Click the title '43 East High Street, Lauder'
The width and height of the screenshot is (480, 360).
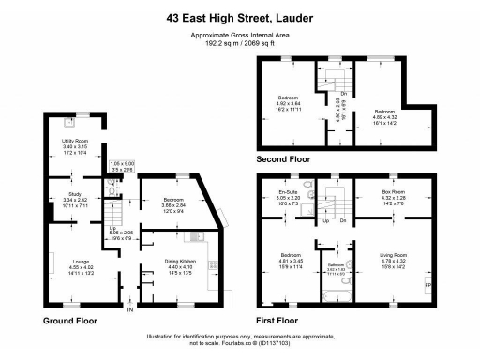click(239, 16)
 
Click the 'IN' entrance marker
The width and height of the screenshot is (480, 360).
click(131, 309)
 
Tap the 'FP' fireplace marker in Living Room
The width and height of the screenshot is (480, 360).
click(428, 284)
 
